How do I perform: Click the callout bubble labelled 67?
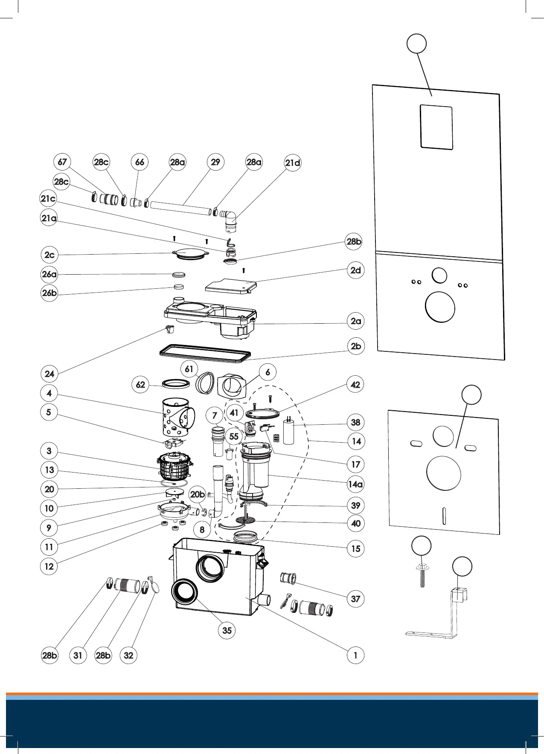(x=62, y=162)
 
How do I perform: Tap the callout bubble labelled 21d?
(x=293, y=163)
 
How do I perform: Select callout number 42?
(x=355, y=385)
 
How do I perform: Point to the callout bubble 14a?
(x=355, y=484)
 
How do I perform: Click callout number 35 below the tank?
(x=227, y=630)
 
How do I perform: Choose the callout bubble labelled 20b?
(x=198, y=495)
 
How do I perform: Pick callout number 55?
(x=234, y=437)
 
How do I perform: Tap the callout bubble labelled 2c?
(x=49, y=255)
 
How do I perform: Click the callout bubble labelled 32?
(x=128, y=655)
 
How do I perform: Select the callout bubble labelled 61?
(x=189, y=369)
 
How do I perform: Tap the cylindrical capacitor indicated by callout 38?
(x=289, y=432)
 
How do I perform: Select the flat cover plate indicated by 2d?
(x=231, y=285)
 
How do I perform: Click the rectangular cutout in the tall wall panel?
(x=436, y=127)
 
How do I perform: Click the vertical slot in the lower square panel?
(x=444, y=516)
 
